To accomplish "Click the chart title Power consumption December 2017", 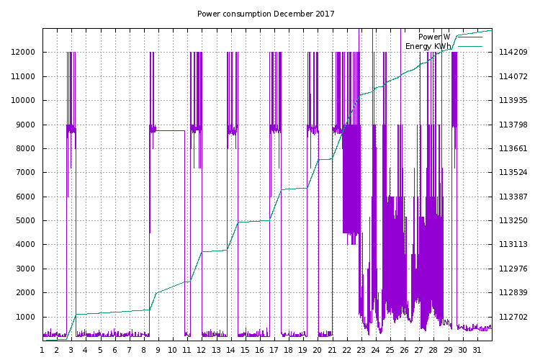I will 266,14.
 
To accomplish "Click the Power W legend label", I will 434,37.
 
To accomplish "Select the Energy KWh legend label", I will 428,46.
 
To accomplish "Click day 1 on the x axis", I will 42,350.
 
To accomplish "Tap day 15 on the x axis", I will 245,350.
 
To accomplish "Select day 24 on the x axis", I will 375,350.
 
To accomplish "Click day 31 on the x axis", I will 477,350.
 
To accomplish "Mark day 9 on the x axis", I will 158,350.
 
